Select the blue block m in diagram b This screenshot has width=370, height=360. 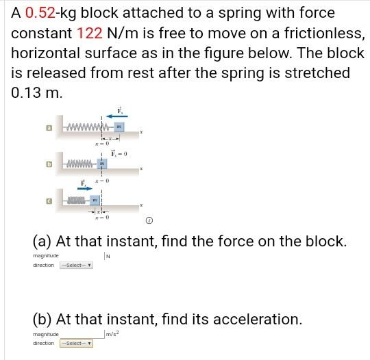(102, 164)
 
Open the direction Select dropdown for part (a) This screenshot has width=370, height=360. (76, 265)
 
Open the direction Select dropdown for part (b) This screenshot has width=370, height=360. (76, 343)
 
